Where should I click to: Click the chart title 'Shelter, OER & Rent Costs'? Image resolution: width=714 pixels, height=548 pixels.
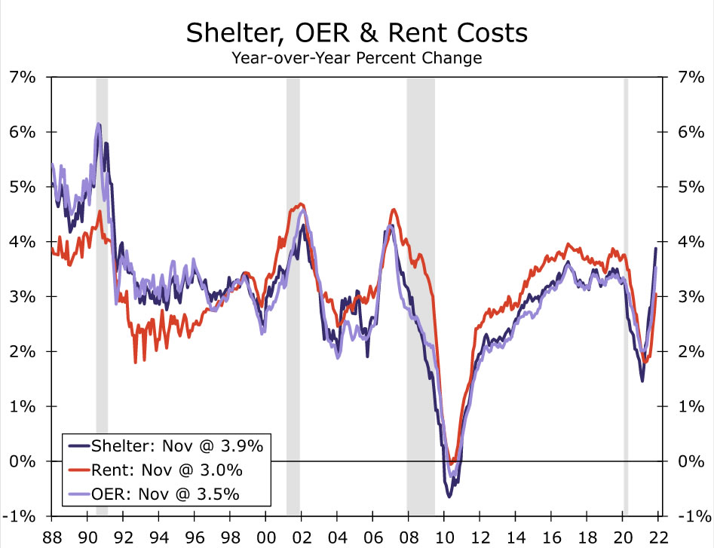click(357, 33)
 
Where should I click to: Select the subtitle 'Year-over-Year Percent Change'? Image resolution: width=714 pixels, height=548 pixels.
click(357, 57)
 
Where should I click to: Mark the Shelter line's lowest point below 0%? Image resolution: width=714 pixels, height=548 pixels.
click(449, 496)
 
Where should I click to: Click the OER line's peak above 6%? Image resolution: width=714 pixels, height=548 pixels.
click(98, 124)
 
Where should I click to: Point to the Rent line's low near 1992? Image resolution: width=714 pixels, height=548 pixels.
click(135, 363)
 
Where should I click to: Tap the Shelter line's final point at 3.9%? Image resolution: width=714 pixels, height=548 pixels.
click(655, 248)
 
